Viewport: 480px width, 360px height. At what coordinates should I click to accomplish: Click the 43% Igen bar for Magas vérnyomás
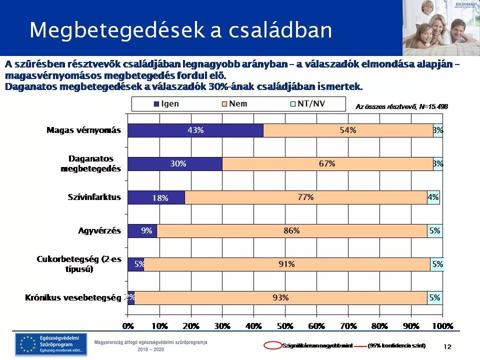pos(195,130)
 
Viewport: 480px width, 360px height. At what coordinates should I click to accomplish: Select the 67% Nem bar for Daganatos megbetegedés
pos(327,163)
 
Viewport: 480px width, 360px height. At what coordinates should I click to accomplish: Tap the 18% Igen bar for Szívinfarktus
pos(156,197)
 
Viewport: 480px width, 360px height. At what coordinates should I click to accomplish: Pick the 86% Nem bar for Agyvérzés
pos(291,230)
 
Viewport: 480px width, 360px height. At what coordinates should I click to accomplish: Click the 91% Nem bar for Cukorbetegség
pos(286,264)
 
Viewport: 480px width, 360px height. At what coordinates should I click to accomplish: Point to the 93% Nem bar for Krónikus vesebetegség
pos(280,297)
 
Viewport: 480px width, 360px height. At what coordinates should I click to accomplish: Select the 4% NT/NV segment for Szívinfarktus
pos(433,197)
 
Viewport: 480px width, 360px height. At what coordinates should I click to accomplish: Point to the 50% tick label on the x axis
pos(285,326)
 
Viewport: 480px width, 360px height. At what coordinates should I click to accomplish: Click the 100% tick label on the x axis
pos(442,326)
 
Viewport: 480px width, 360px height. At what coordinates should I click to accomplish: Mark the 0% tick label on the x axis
pos(128,326)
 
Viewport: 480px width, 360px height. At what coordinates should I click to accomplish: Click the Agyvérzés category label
pos(99,230)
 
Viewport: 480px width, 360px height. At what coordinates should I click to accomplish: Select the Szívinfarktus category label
pos(94,197)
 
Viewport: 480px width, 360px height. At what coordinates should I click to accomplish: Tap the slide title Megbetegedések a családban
pos(180,30)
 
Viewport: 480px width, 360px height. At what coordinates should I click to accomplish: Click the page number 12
pos(447,346)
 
